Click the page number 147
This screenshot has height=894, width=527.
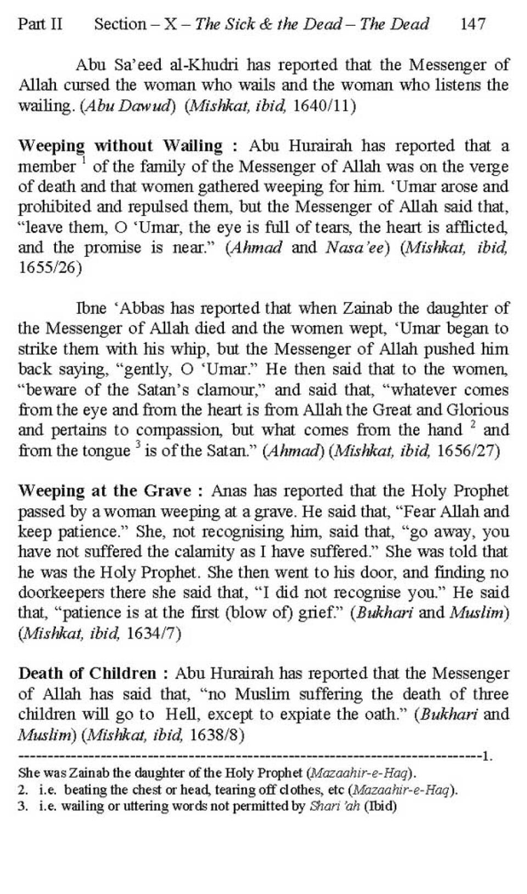[x=473, y=24]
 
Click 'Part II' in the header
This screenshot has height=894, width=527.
[x=40, y=24]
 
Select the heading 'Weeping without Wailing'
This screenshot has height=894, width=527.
[x=120, y=146]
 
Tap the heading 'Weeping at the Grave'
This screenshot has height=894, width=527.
[x=104, y=491]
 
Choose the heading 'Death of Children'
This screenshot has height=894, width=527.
[x=87, y=673]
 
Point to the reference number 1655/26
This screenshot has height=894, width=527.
[x=50, y=268]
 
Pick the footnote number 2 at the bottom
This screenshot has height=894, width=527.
[x=23, y=790]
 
